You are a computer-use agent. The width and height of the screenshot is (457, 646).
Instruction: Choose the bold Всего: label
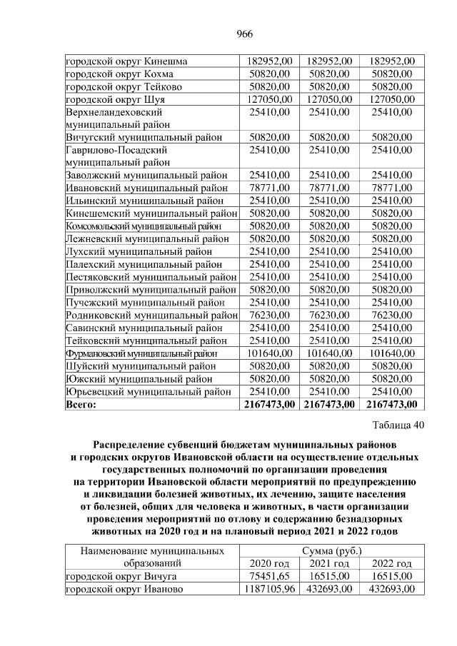(81, 405)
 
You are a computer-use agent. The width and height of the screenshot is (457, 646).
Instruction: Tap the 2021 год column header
(331, 564)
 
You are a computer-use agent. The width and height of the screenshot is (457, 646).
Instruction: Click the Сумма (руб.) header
(331, 551)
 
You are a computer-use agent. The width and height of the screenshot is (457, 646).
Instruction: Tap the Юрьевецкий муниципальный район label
(148, 391)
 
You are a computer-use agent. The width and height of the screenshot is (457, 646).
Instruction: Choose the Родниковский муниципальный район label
(151, 315)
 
